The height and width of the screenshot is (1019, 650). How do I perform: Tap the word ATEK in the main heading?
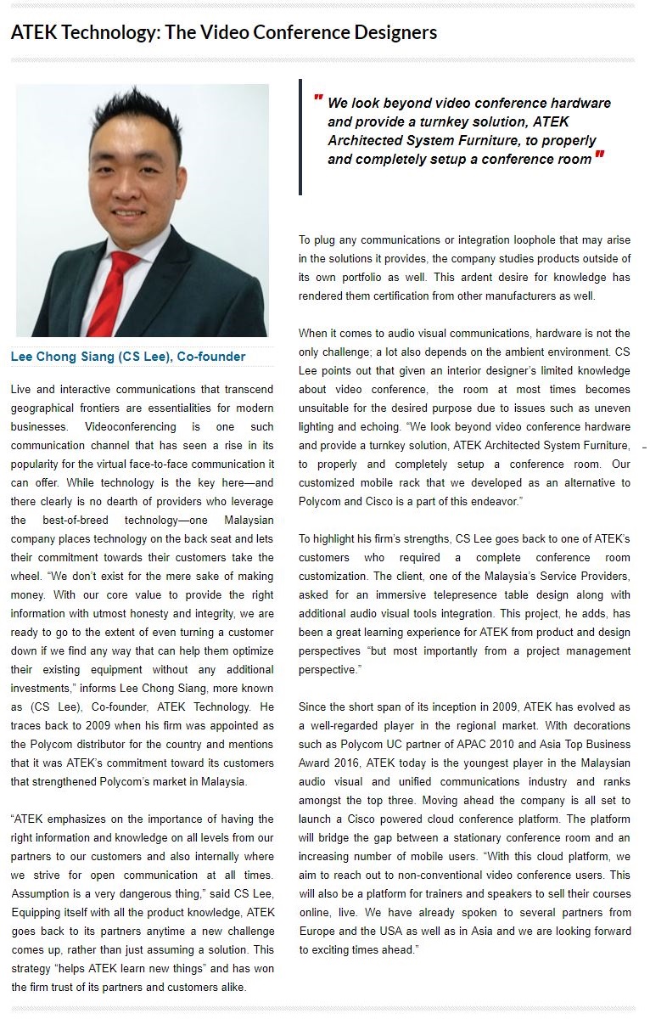click(x=34, y=32)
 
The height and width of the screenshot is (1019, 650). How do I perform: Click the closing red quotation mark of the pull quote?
click(x=600, y=156)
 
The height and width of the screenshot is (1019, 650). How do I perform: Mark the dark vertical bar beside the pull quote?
click(x=300, y=137)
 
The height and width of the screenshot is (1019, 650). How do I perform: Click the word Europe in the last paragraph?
click(x=317, y=931)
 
